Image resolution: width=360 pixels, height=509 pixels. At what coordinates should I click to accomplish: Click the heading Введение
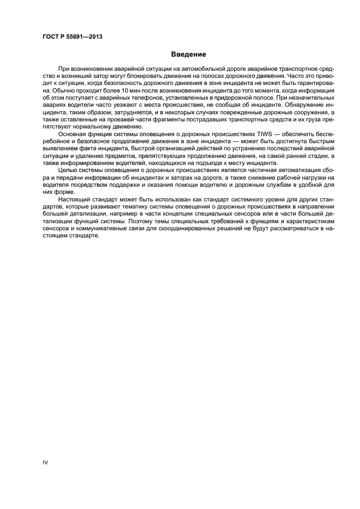point(188,54)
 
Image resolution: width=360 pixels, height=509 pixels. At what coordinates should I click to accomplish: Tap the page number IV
point(46,462)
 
